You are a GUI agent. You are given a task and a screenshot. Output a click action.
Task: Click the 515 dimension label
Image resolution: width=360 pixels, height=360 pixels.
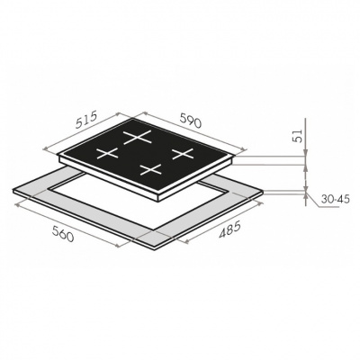click(x=86, y=120)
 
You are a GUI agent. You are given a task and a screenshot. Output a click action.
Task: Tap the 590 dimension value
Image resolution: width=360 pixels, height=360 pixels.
click(x=190, y=121)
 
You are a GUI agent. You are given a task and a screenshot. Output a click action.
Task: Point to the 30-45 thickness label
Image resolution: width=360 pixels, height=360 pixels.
click(x=335, y=199)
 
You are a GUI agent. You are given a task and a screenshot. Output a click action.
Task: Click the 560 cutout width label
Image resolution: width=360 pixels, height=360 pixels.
click(x=63, y=233)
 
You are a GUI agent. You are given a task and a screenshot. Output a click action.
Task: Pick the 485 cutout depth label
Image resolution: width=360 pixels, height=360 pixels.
click(x=229, y=229)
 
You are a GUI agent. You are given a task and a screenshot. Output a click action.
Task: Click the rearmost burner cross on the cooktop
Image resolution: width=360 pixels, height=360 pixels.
click(x=137, y=138)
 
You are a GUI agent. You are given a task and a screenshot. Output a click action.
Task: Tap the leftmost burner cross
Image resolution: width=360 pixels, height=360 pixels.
click(x=107, y=153)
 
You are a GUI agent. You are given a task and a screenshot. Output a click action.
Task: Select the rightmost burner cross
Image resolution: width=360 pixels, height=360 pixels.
click(x=183, y=154)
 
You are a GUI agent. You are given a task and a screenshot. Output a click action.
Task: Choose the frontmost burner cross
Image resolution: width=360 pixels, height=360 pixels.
click(x=151, y=169)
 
